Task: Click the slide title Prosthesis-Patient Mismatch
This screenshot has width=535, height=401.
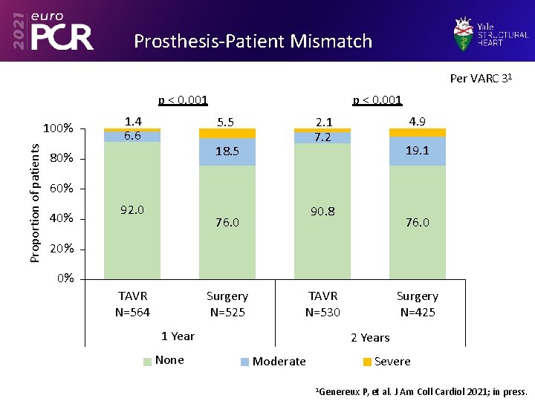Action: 253,41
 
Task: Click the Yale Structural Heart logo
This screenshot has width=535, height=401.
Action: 491,33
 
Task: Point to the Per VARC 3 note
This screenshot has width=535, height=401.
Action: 481,78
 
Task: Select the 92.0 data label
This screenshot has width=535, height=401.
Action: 132,209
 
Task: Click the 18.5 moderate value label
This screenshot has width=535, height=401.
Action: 227,151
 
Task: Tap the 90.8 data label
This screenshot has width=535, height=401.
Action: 322,211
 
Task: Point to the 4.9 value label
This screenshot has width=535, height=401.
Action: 417,121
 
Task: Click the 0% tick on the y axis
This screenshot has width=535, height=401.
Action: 65,278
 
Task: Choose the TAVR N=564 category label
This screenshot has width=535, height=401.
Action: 132,304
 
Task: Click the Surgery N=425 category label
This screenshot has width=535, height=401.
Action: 417,304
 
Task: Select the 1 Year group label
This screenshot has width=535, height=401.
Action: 178,336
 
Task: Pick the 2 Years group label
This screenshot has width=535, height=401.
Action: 370,337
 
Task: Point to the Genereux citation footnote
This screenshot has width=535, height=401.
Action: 421,391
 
